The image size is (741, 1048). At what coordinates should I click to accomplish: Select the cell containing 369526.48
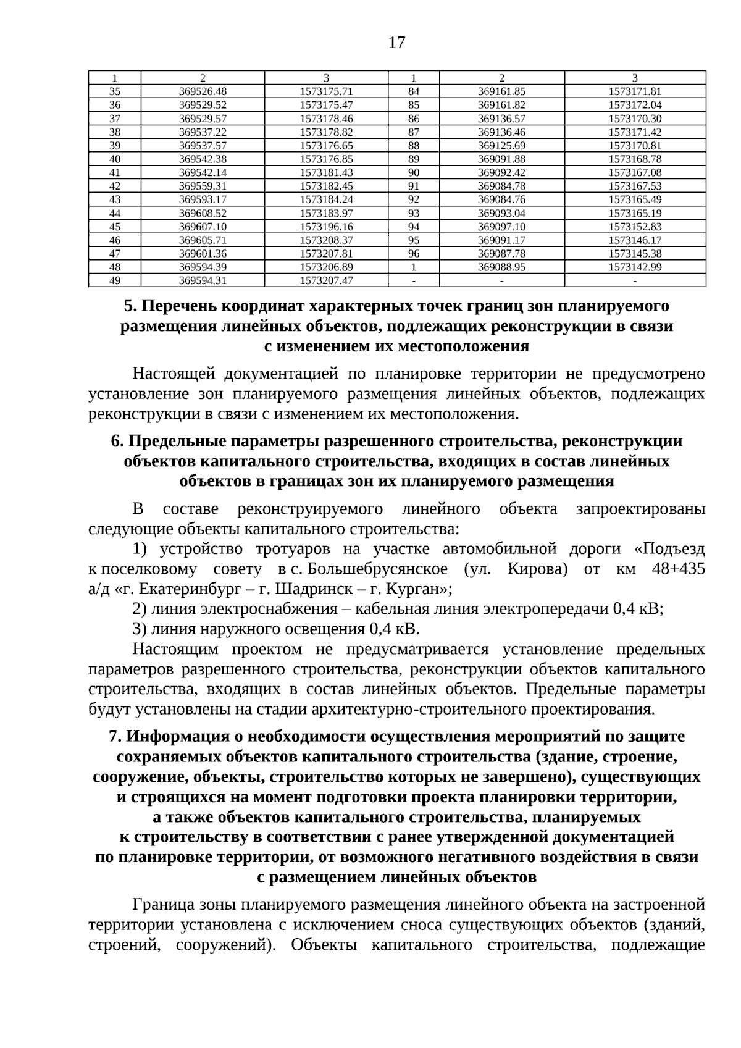pos(203,91)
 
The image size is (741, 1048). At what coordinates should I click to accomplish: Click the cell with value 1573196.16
pos(326,227)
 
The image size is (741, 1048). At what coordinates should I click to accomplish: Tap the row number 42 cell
pos(115,186)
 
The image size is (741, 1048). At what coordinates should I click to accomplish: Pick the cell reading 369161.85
pos(501,91)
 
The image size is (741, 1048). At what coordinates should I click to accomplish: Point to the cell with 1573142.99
pos(635,267)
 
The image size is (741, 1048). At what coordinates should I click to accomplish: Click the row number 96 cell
pos(414,254)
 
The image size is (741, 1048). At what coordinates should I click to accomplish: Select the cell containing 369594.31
pos(203,281)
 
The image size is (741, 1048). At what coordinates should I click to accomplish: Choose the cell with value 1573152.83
pos(635,227)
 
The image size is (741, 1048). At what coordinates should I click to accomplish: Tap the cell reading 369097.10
pos(501,227)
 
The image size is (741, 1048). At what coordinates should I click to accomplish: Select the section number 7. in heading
pos(115,737)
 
